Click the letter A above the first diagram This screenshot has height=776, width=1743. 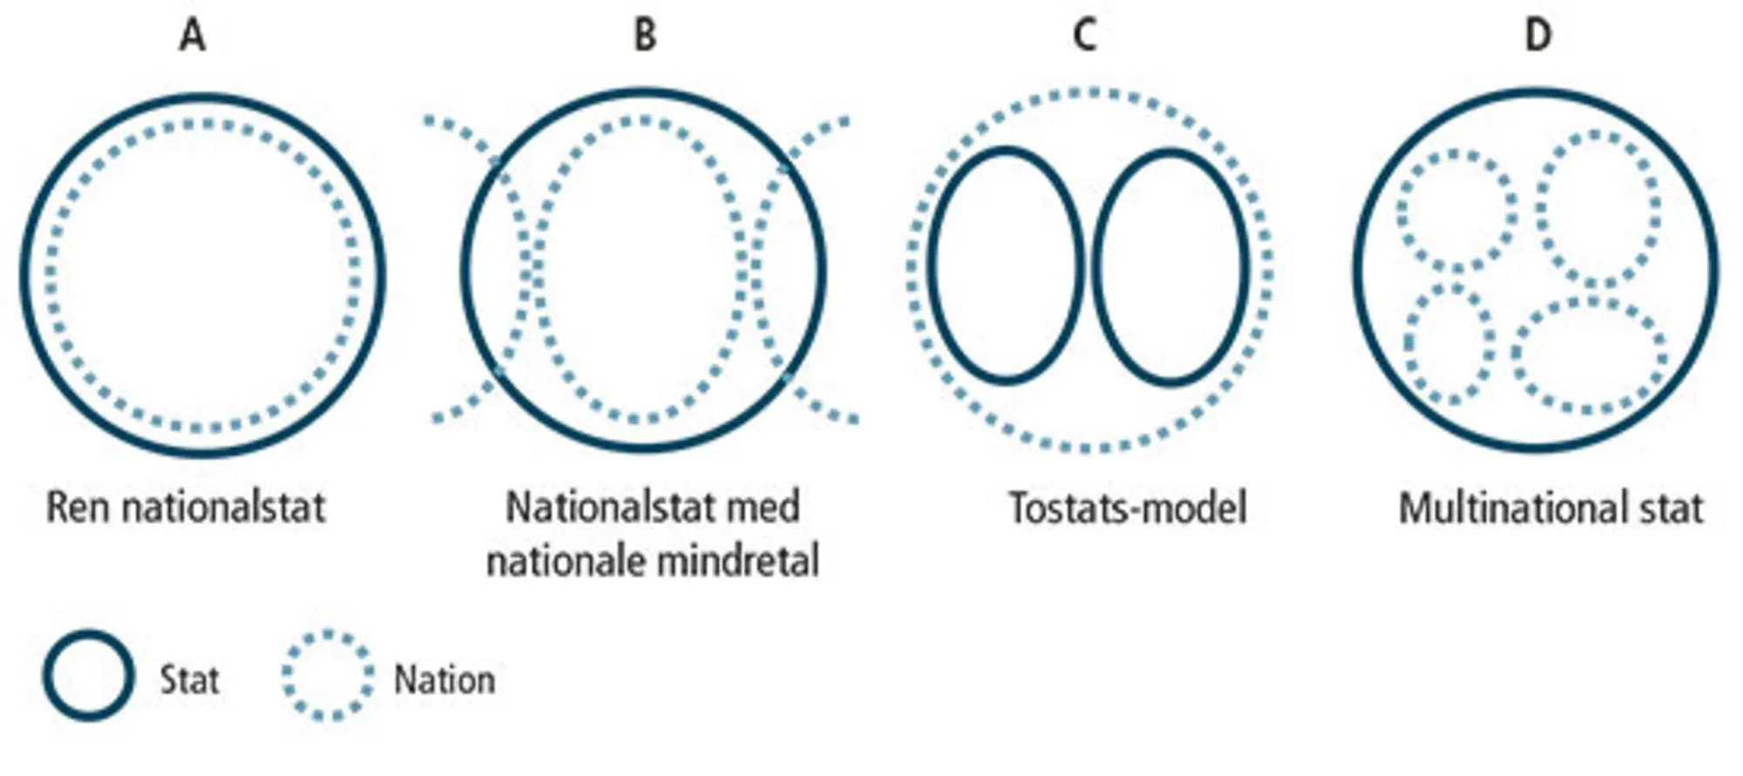(193, 37)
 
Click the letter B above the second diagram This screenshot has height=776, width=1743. (644, 37)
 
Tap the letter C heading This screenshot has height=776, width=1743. (1084, 37)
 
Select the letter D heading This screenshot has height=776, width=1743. (1538, 37)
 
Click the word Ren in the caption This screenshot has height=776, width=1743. (79, 508)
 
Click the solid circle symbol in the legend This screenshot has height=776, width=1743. (89, 676)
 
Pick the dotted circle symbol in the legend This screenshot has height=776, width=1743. (328, 676)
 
